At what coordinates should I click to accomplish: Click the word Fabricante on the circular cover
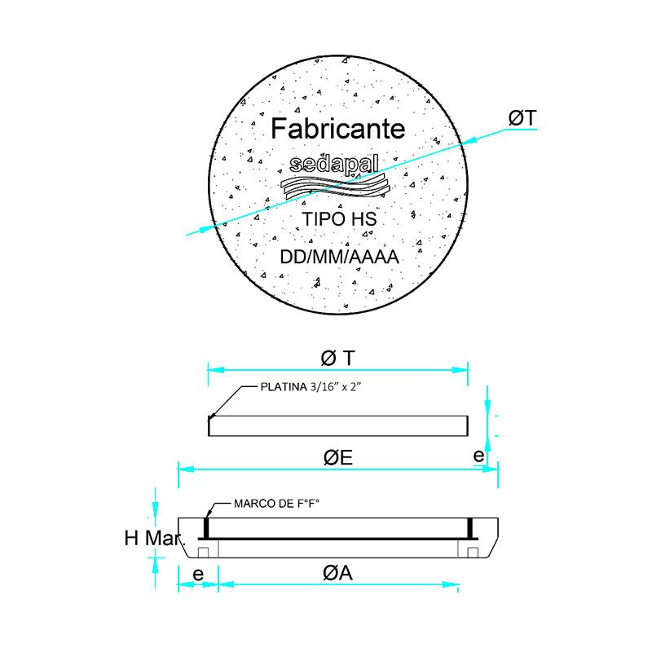point(337,129)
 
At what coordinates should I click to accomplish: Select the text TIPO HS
point(337,219)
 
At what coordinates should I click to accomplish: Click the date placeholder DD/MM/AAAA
point(338,258)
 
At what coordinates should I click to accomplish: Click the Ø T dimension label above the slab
point(337,357)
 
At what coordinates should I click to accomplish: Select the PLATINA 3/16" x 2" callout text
point(310,388)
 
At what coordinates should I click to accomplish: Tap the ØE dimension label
point(337,458)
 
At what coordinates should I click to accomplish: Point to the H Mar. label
point(155,539)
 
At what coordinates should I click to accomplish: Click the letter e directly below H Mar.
point(197,574)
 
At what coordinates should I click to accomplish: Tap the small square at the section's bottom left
point(204,552)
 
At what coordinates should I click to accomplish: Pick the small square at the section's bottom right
point(473,552)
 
